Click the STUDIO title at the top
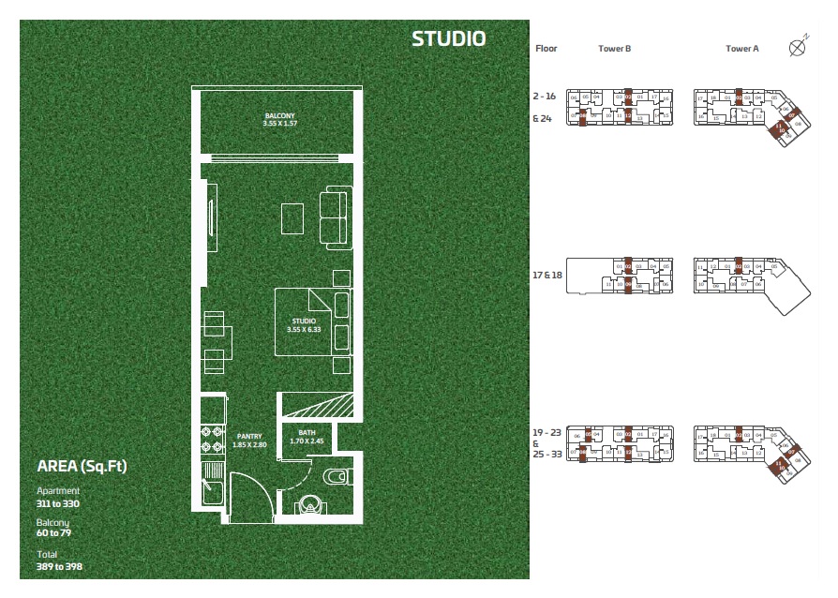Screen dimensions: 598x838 coord(448,38)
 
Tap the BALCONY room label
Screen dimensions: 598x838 coord(279,116)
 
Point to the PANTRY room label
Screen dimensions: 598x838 coord(249,436)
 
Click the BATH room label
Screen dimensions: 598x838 coord(306,433)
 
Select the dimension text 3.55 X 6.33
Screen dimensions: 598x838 coord(304,329)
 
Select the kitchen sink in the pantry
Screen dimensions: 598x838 coord(212,489)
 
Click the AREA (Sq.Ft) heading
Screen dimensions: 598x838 coord(82,466)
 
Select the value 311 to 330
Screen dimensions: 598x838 coord(58,503)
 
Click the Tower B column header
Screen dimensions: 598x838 coord(614,49)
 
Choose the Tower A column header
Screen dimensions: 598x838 coord(741,49)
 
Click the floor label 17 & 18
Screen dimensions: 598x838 coord(548,277)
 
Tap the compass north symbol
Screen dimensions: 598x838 coord(799,46)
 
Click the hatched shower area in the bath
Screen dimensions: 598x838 coord(318,405)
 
